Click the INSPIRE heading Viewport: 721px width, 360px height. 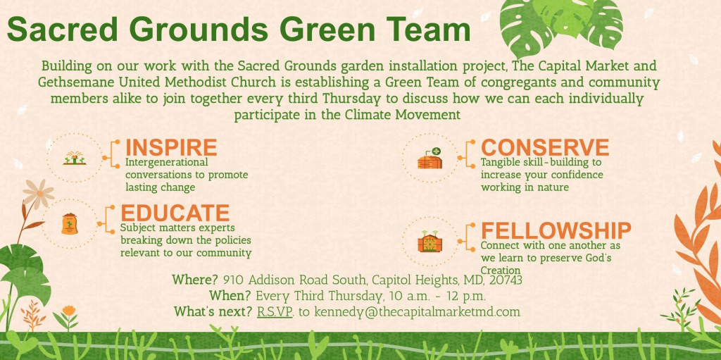coord(171,148)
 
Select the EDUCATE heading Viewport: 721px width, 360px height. coord(175,213)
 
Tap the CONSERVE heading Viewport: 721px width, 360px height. coord(545,148)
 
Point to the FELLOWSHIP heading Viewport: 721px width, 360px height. coord(556,230)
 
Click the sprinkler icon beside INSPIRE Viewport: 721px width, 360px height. coord(75,159)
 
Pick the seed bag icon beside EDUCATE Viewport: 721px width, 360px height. coord(70,224)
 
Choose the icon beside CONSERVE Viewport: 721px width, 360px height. coord(430,159)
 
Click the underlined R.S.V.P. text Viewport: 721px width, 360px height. coord(275,311)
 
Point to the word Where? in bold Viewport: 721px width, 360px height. coord(195,280)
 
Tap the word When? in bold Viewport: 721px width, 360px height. coord(230,296)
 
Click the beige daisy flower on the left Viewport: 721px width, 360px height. coord(39,194)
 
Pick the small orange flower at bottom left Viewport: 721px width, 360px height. coord(68,311)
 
